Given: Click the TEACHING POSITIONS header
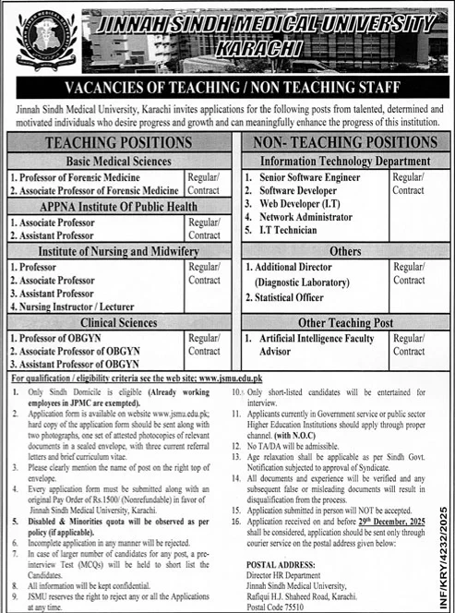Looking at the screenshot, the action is (119, 142).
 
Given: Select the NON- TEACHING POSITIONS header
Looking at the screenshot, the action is (345, 142).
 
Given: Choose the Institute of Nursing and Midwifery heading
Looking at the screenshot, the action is (105, 251).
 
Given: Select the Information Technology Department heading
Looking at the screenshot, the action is (345, 161).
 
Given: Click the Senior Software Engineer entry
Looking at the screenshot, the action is (310, 175).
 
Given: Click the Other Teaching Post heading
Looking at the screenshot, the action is (345, 323).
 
